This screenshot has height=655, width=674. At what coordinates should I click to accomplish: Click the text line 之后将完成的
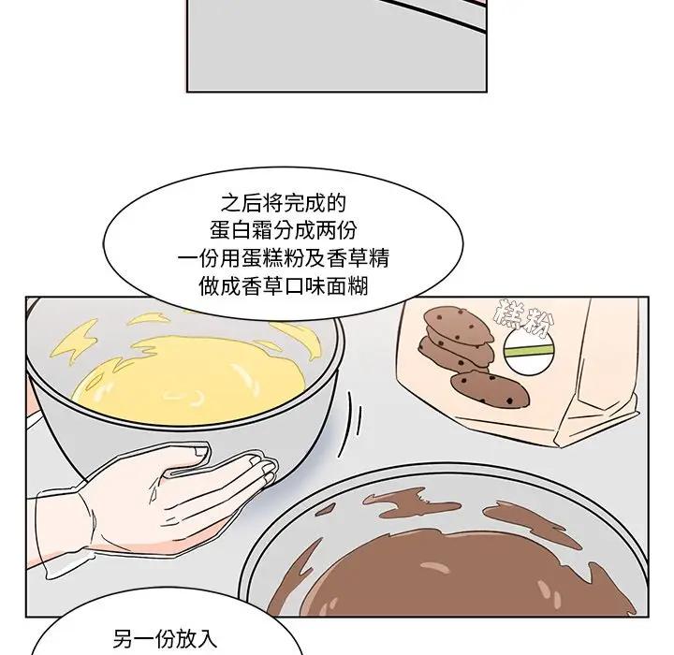click(x=284, y=203)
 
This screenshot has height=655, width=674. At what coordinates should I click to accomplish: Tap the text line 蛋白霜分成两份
click(x=284, y=231)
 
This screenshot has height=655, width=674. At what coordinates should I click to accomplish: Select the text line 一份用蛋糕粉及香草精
click(x=284, y=258)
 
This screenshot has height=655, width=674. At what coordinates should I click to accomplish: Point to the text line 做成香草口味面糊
click(x=284, y=285)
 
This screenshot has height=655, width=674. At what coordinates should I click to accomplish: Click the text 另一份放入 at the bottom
click(x=166, y=639)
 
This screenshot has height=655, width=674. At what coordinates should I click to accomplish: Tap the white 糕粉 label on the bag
click(x=523, y=318)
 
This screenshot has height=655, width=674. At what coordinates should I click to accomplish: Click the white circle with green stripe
click(x=528, y=352)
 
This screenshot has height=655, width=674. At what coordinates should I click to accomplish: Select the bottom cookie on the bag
click(x=490, y=389)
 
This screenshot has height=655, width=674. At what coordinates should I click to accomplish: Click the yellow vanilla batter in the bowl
click(x=189, y=378)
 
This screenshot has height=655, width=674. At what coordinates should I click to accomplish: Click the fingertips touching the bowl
click(x=263, y=467)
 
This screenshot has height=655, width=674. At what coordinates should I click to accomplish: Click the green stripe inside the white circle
click(x=528, y=351)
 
